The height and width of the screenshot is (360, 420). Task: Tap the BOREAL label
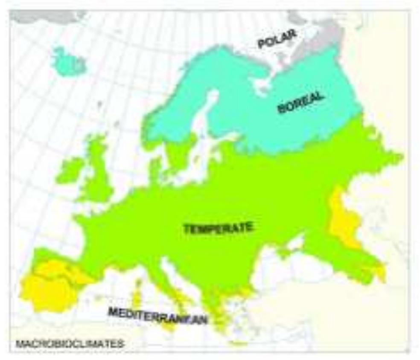300,103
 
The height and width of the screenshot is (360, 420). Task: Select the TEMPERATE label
218,228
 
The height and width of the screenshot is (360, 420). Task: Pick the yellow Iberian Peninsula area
47,284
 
